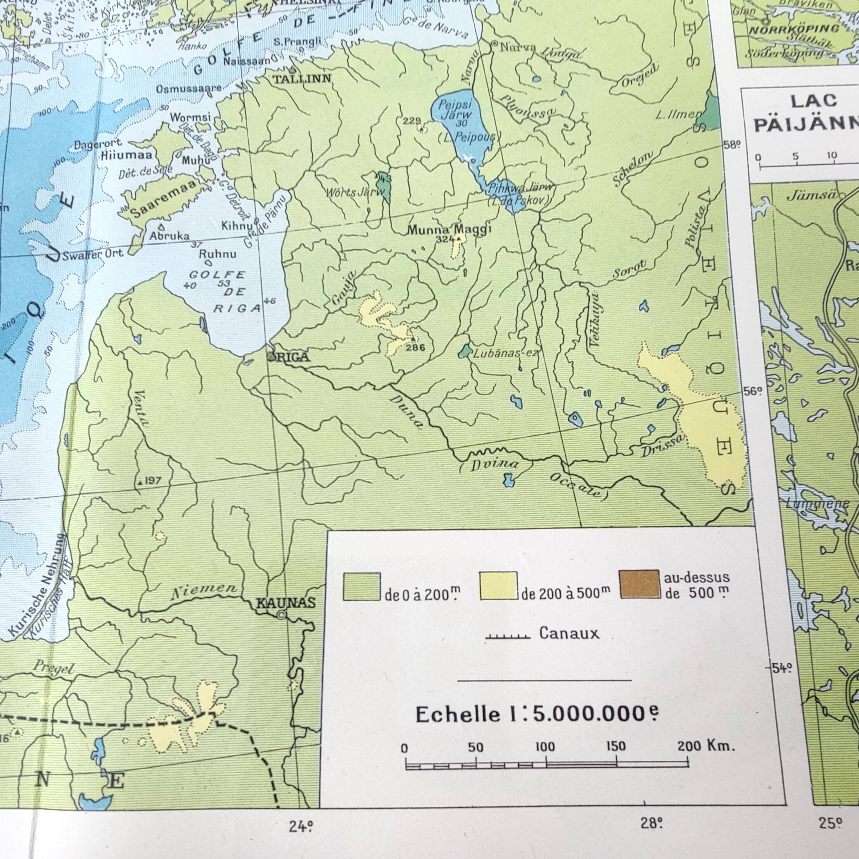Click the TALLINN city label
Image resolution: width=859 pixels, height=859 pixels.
[302, 79]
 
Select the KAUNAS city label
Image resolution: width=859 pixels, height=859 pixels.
[286, 603]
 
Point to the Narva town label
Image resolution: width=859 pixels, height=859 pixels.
[518, 47]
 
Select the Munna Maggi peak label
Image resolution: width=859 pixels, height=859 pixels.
[449, 229]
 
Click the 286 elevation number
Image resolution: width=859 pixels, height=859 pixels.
[415, 348]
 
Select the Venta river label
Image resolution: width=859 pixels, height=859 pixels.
[141, 408]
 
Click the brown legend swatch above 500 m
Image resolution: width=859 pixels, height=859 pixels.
[640, 584]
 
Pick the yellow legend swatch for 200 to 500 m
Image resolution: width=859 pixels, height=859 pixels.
[498, 586]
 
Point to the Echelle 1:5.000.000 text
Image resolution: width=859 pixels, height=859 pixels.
[537, 714]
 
